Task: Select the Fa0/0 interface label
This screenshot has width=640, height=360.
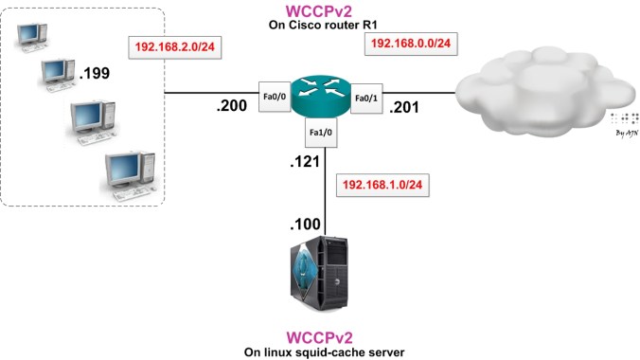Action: [274, 98]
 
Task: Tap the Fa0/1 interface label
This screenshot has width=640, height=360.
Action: [366, 98]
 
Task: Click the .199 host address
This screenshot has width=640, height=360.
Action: [96, 71]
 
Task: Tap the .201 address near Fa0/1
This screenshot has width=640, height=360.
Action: [409, 105]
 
